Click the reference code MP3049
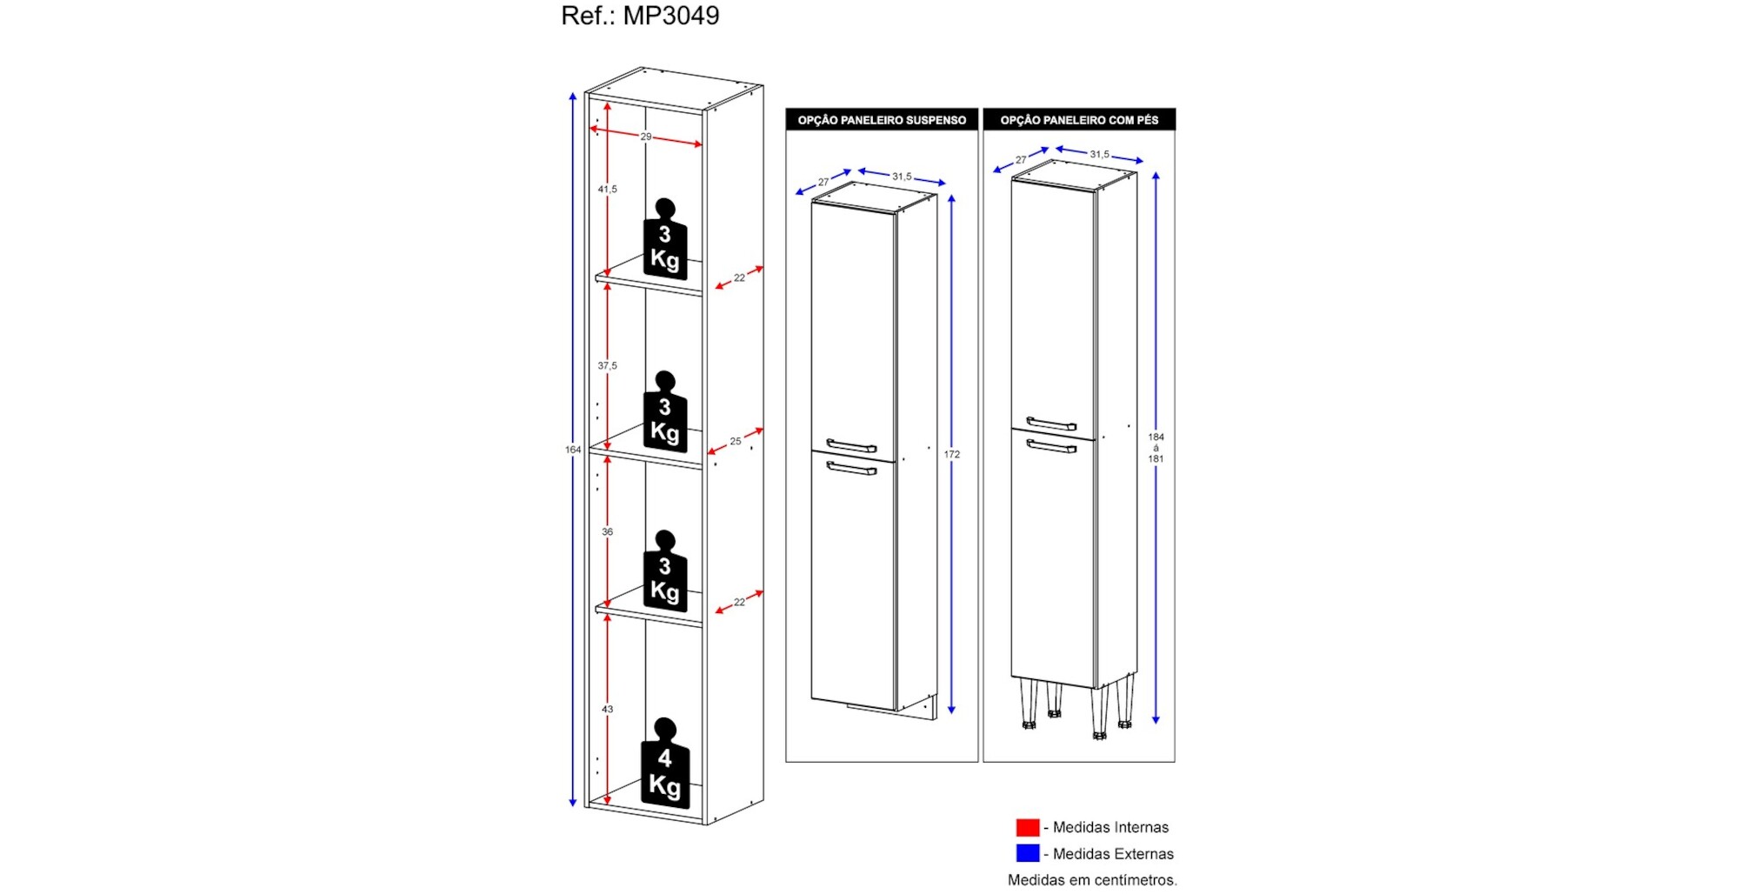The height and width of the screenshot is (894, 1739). [x=670, y=16]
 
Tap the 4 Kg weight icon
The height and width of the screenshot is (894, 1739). [x=665, y=765]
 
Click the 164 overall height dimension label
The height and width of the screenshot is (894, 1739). [x=573, y=450]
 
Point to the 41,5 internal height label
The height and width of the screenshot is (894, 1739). [x=607, y=189]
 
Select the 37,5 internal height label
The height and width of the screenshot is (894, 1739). [x=607, y=366]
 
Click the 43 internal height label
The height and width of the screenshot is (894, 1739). [x=607, y=710]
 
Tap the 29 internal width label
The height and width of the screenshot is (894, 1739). [x=646, y=137]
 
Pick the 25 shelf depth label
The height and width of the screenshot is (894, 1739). [x=736, y=442]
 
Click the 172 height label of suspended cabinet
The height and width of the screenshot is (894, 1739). [x=952, y=455]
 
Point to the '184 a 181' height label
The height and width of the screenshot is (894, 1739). [x=1156, y=448]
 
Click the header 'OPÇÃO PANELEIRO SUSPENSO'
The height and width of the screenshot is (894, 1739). [x=882, y=120]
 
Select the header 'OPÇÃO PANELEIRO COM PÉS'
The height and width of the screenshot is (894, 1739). [x=1079, y=120]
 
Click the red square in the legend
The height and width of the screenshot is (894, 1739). [x=1028, y=827]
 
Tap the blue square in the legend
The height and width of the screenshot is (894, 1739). [x=1028, y=853]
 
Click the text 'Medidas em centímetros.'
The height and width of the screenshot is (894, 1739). [x=1092, y=880]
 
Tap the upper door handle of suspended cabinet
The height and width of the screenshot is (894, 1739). [x=851, y=446]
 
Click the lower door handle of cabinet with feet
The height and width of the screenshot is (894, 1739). [x=1051, y=447]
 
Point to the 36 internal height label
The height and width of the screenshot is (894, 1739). [x=607, y=532]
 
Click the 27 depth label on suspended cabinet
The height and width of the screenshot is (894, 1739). [x=823, y=183]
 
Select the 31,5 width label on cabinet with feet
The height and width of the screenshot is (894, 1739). [x=1099, y=155]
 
